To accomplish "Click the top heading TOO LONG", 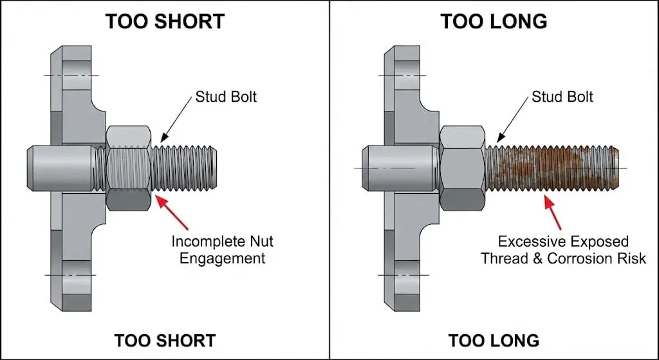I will (494, 21).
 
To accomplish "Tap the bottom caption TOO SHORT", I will (165, 340).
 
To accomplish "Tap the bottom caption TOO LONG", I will (494, 340).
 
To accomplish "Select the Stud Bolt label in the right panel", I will (562, 97).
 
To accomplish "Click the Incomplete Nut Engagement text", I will (222, 250).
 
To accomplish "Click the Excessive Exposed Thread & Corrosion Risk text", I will (563, 250).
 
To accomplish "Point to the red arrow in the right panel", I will (553, 213).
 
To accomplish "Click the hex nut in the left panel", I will (129, 168).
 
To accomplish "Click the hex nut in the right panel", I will (462, 168).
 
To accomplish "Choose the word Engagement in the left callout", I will (222, 258).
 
